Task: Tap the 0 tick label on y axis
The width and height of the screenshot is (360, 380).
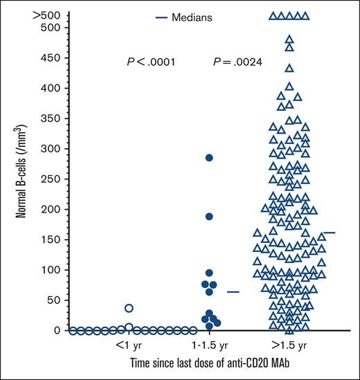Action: pyautogui.click(x=57, y=330)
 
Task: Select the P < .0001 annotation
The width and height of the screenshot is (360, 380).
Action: pyautogui.click(x=150, y=62)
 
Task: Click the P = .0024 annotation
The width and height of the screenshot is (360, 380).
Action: pyautogui.click(x=237, y=62)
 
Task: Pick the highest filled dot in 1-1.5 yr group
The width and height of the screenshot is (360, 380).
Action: pyautogui.click(x=209, y=158)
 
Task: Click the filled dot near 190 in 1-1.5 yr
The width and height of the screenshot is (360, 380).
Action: pyautogui.click(x=209, y=217)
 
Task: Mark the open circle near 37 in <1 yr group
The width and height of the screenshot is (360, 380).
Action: pyautogui.click(x=129, y=308)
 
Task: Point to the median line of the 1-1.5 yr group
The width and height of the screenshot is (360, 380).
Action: pyautogui.click(x=233, y=292)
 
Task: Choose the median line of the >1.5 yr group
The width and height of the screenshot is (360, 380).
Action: pyautogui.click(x=330, y=233)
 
